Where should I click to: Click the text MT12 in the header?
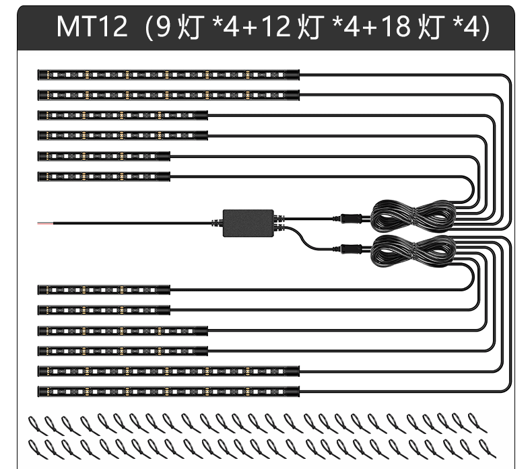click(92, 27)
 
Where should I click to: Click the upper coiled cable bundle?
click(413, 213)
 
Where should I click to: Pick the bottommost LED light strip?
click(168, 391)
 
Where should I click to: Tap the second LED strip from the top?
click(168, 94)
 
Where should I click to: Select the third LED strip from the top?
click(123, 115)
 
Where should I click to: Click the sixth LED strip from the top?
click(104, 176)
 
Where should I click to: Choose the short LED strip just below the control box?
click(104, 289)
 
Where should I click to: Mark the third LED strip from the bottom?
click(123, 351)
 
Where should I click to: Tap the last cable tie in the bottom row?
click(484, 447)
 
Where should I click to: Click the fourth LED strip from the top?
click(123, 135)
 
